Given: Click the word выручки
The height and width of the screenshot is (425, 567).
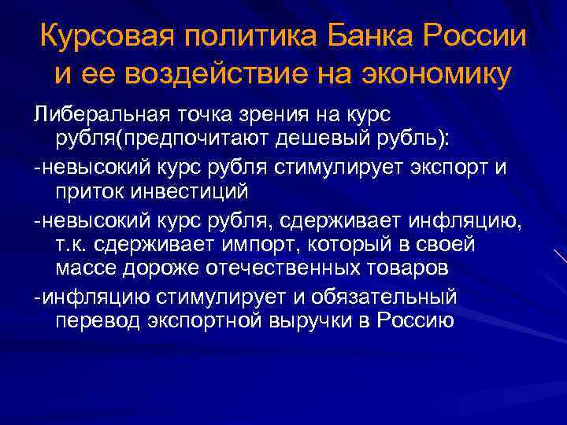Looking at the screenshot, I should click(333, 321).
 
